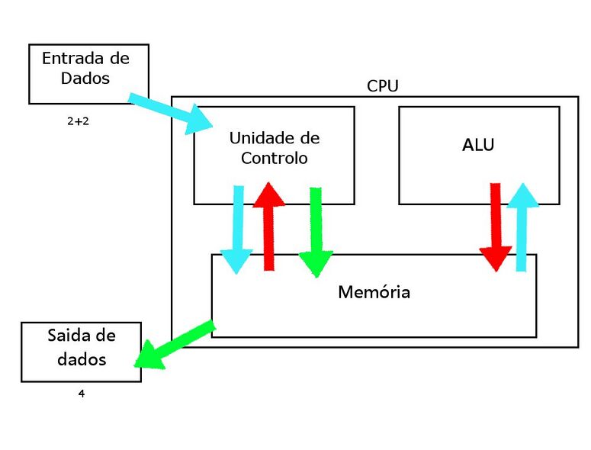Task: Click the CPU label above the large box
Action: (x=382, y=85)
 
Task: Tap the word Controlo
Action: (x=275, y=159)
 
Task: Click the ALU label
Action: (x=478, y=145)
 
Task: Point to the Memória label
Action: (x=374, y=292)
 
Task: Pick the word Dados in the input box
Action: (x=87, y=78)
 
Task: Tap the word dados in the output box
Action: (x=82, y=358)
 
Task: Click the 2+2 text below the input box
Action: (x=78, y=121)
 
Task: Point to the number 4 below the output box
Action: (x=81, y=394)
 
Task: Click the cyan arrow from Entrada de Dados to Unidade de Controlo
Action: (x=172, y=113)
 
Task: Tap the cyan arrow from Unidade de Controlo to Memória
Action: (x=238, y=229)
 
